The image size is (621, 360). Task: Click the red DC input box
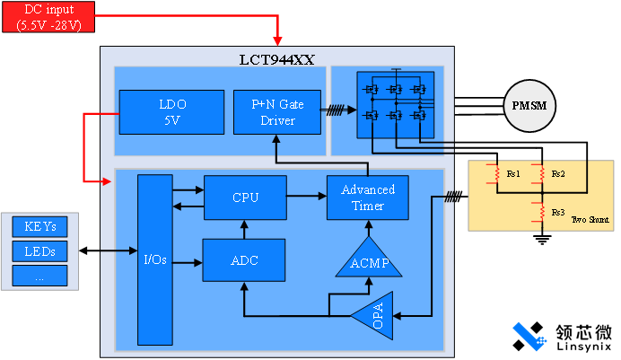coord(48,16)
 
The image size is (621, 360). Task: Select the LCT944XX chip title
coord(276,59)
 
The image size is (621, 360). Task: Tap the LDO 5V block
coord(171,112)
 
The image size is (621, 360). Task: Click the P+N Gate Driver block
coord(277,112)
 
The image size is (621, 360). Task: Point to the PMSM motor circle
coord(529,106)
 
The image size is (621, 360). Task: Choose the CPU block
coord(245,198)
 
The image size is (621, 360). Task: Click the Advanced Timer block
coord(367,198)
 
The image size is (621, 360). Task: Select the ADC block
coord(245,260)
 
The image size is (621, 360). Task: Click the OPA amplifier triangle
coord(373,320)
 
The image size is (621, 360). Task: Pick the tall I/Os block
coord(153,260)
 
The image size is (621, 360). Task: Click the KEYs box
coord(39,227)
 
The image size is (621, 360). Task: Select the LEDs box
coord(39,250)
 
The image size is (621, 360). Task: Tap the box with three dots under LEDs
coord(39,275)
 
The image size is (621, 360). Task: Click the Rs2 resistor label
coord(557,173)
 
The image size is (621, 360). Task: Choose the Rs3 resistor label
coord(557,212)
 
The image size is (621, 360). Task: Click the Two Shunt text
coord(589,219)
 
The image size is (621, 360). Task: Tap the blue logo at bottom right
coord(530,336)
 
